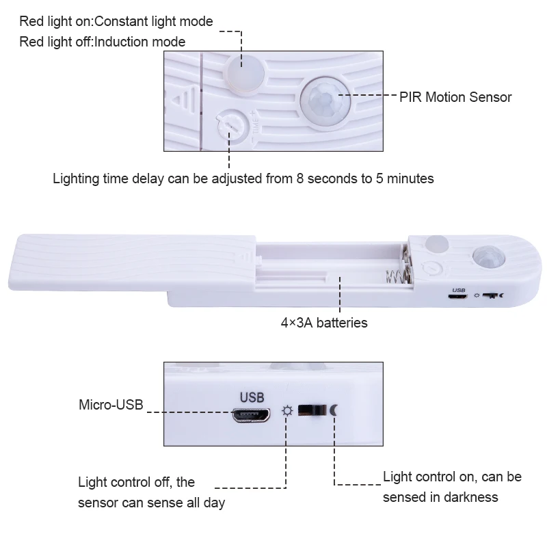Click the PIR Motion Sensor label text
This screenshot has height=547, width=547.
coord(455,97)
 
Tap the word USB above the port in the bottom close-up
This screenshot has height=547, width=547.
coord(250,396)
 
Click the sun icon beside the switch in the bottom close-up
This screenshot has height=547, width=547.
coord(287,411)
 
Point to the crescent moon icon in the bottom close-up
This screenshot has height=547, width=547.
coord(334,410)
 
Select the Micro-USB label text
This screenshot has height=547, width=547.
coord(111,405)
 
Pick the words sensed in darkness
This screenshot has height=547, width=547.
coord(440,497)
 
